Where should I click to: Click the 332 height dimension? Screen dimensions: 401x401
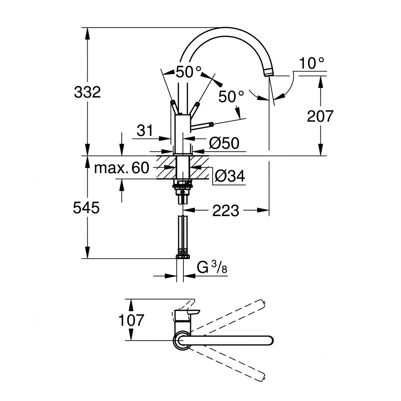tap(87, 92)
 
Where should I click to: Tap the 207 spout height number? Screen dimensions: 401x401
tap(320, 116)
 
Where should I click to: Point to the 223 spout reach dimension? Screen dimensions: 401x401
tap(226, 211)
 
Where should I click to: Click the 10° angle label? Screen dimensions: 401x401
tap(312, 63)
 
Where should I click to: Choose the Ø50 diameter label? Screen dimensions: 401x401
tap(224, 143)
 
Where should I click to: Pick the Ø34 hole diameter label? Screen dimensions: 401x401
tap(230, 176)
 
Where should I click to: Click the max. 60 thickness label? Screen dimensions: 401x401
tap(122, 168)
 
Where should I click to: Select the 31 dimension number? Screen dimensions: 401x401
tap(145, 131)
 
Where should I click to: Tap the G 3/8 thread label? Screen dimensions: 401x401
tap(212, 268)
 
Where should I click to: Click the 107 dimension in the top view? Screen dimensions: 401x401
tap(131, 320)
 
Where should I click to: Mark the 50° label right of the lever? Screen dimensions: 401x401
tap(231, 97)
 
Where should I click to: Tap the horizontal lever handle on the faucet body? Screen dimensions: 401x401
tap(202, 125)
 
